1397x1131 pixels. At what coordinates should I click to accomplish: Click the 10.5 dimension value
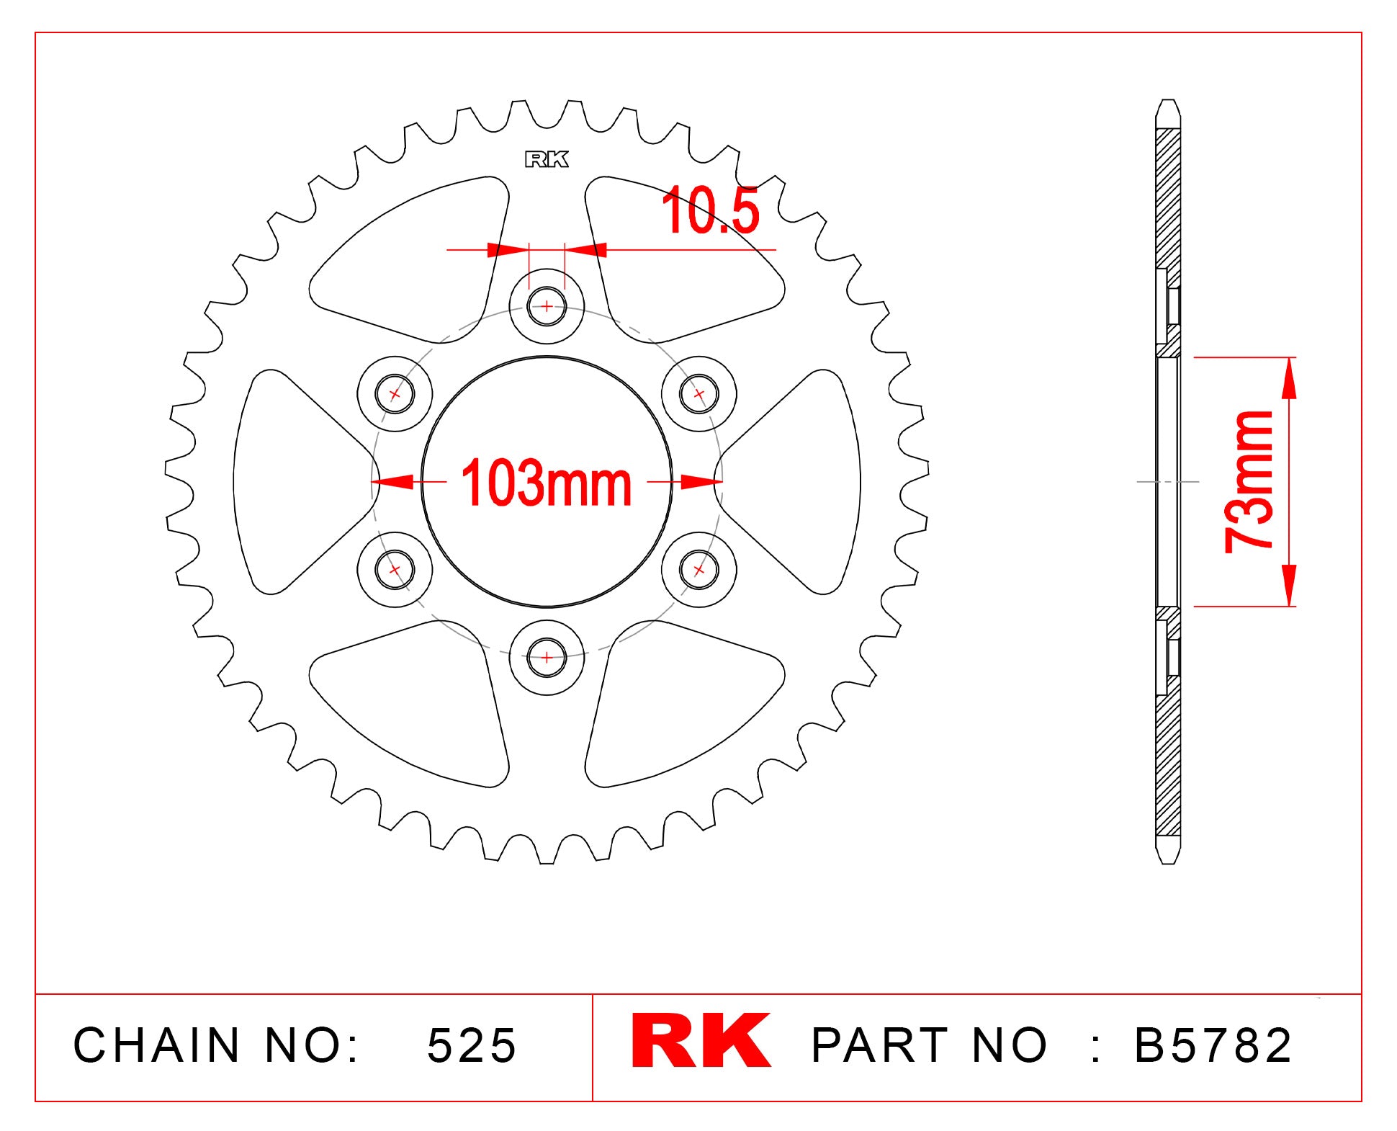[x=710, y=211]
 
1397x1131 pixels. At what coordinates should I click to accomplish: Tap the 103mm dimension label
[x=546, y=483]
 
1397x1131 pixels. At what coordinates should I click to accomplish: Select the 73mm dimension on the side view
[x=1249, y=481]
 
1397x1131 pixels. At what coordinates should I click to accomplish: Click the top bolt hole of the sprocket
[x=547, y=307]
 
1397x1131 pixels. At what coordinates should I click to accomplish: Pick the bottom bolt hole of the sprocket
[x=547, y=657]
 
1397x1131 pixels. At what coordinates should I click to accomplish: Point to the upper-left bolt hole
[x=395, y=394]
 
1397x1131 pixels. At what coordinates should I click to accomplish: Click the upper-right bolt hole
[x=698, y=394]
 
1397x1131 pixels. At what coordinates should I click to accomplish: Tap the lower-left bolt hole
[x=395, y=570]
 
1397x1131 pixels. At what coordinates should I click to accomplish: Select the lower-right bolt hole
[x=698, y=570]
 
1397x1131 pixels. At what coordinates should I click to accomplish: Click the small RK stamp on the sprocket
[x=547, y=159]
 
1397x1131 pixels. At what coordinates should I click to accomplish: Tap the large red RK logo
[x=700, y=1041]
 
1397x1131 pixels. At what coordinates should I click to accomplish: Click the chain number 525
[x=472, y=1045]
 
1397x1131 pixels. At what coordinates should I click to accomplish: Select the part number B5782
[x=1213, y=1045]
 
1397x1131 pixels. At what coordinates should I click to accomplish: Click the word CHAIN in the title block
[x=156, y=1045]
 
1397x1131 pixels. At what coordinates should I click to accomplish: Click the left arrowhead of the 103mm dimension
[x=393, y=482]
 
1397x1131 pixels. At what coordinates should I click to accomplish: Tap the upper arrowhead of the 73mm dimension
[x=1289, y=377]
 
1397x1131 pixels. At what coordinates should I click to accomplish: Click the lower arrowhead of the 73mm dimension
[x=1289, y=586]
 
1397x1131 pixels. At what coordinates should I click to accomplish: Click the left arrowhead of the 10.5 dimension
[x=508, y=250]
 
